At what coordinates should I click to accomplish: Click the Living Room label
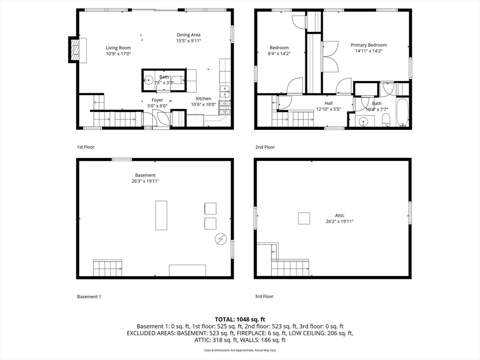(118, 48)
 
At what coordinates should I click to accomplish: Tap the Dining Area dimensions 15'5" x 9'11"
(188, 41)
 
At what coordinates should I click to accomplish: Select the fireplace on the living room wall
(75, 49)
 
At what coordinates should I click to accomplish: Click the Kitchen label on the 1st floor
(203, 98)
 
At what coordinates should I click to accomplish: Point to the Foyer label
(157, 100)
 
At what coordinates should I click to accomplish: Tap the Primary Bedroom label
(368, 45)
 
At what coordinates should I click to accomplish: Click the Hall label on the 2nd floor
(329, 103)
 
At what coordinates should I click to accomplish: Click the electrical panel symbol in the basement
(220, 239)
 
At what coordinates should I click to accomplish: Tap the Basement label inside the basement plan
(145, 175)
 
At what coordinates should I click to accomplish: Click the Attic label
(339, 216)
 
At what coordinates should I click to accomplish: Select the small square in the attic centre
(304, 218)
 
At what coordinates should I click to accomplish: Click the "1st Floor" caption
(86, 147)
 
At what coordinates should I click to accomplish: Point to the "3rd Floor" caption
(264, 296)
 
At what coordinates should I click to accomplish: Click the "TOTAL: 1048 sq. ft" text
(240, 319)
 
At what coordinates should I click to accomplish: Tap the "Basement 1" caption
(89, 297)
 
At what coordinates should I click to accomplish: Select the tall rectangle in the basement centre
(161, 215)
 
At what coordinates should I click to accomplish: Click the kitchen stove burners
(225, 108)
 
